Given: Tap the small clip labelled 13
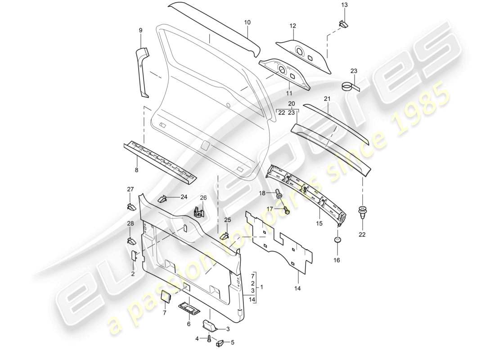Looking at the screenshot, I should (x=344, y=23).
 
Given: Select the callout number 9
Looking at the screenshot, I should (x=140, y=30).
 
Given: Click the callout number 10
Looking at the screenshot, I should (x=247, y=22).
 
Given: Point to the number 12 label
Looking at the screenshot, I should (x=293, y=27).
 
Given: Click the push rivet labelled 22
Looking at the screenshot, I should (x=362, y=212).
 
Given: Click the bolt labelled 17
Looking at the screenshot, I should (x=286, y=209).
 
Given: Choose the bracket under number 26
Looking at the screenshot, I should (x=197, y=212).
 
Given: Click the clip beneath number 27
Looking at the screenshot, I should (x=130, y=207).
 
